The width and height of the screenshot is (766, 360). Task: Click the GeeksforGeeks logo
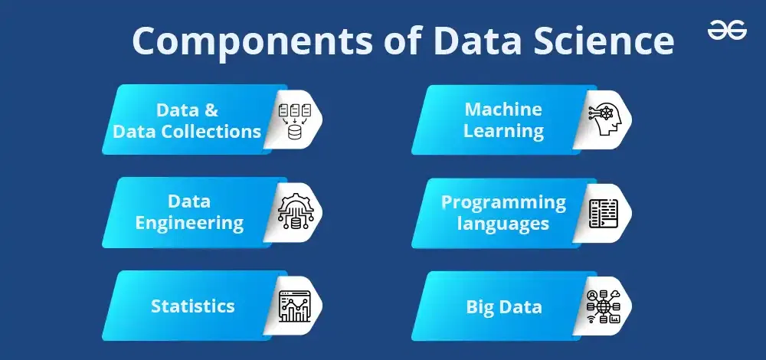[x=727, y=31]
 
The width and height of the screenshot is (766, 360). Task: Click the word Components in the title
[x=252, y=42]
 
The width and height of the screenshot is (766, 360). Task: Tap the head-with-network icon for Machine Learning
[x=604, y=119]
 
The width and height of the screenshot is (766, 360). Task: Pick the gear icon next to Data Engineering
[x=296, y=212]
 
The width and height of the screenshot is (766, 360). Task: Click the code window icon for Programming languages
[x=604, y=213]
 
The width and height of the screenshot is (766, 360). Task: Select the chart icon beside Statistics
[x=295, y=306]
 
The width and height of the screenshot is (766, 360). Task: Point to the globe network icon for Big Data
[x=604, y=306]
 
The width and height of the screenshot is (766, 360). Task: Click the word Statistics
[x=192, y=306]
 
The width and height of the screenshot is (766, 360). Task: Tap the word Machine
[x=503, y=109]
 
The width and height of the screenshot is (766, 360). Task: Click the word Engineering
[x=189, y=224]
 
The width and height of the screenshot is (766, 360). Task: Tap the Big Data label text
[x=504, y=307]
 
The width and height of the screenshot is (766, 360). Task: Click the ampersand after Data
[x=210, y=110]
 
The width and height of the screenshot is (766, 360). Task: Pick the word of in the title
[x=403, y=41]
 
